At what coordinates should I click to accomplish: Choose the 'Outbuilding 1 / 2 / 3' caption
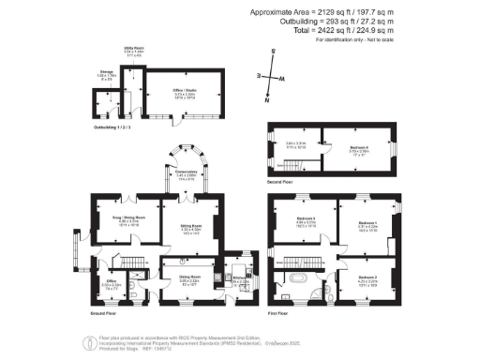tap(110, 125)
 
